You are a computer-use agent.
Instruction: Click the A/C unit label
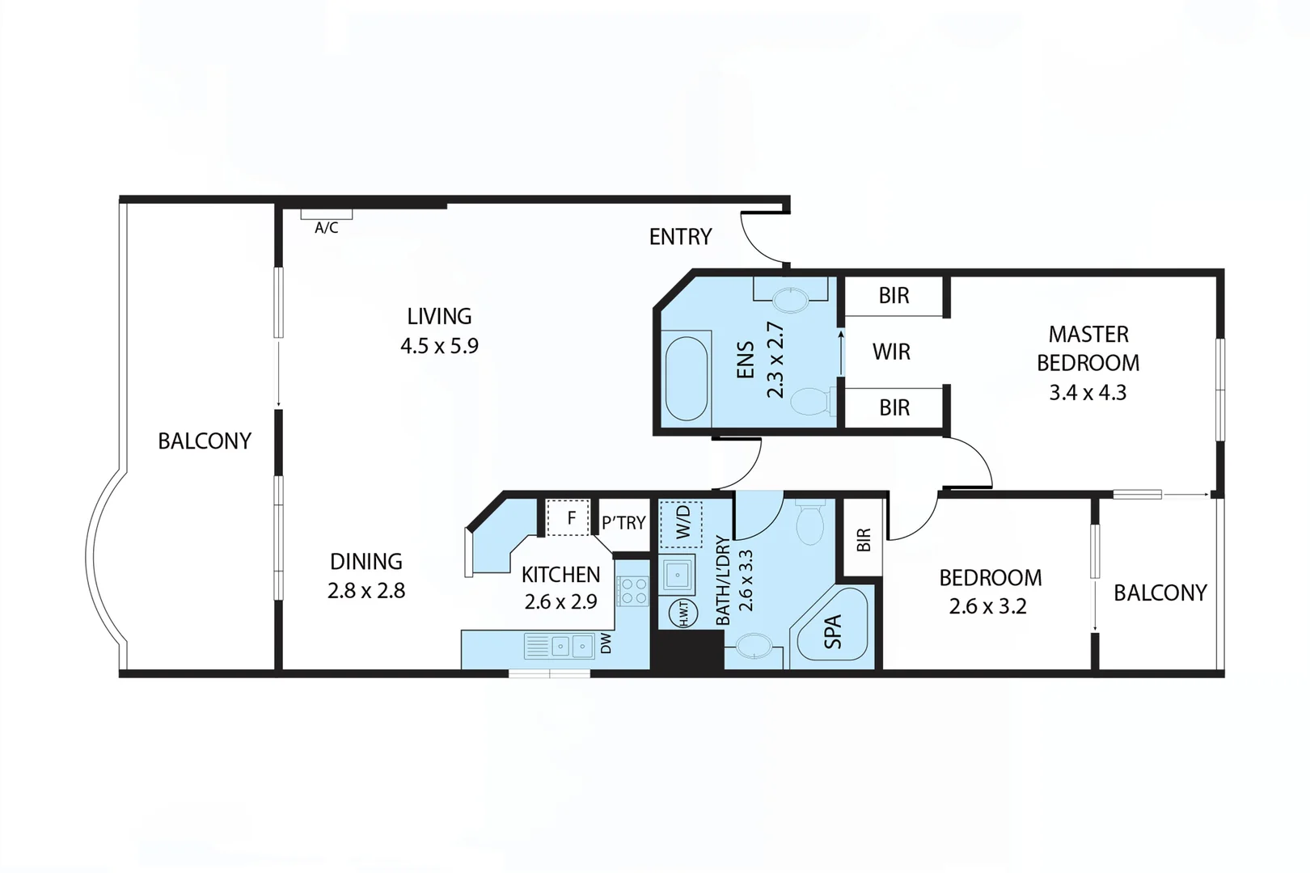tap(327, 228)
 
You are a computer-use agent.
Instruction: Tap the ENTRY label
tap(680, 237)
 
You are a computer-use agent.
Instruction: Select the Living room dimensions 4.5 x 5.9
tap(439, 346)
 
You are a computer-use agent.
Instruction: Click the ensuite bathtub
tap(686, 377)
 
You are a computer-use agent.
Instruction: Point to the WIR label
tap(891, 352)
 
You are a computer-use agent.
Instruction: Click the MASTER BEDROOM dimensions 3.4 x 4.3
tap(1088, 393)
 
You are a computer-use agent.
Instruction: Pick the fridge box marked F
tap(569, 518)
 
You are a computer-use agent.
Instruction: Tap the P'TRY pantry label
tap(623, 523)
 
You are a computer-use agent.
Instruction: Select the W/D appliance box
tap(682, 523)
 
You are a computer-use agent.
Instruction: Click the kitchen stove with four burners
tap(632, 591)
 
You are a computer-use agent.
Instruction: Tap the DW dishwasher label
tap(606, 643)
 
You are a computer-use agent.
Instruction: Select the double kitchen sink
tap(571, 646)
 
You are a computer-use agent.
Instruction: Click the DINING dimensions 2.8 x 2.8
tap(366, 591)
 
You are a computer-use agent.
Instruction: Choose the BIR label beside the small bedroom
tap(863, 539)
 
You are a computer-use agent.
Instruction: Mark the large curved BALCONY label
tap(205, 441)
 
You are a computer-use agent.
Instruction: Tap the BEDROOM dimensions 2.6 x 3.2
tap(987, 607)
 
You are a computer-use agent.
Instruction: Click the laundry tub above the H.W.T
tap(676, 575)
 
